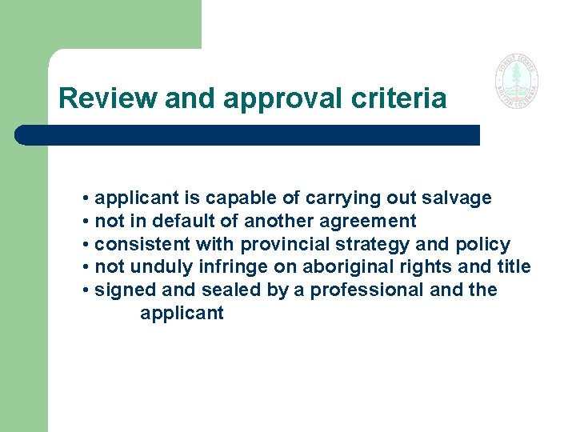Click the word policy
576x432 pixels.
pyautogui.click(x=483, y=244)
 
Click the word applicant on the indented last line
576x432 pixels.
pyautogui.click(x=182, y=314)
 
